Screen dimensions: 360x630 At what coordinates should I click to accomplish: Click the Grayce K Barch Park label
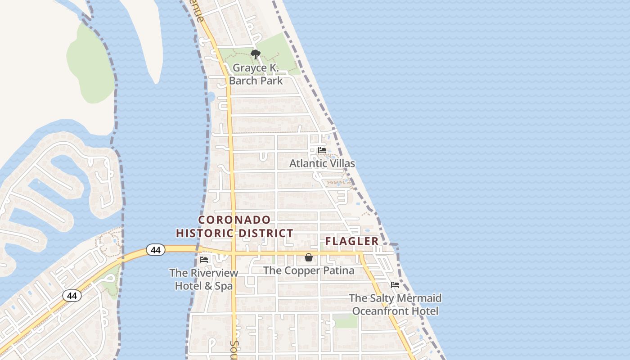[x=256, y=74]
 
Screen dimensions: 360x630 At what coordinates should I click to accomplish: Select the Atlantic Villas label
[x=322, y=163]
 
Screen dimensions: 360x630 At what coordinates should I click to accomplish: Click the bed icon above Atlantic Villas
[x=322, y=150]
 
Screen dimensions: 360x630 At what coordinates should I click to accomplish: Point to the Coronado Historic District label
[x=234, y=226]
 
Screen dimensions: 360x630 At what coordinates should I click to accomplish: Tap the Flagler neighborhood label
[x=352, y=241]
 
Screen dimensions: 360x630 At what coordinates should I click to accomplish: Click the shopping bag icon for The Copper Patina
[x=309, y=257]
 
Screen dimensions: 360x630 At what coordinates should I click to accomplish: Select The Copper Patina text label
[x=309, y=270]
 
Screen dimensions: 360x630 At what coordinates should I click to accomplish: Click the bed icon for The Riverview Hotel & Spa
[x=204, y=260]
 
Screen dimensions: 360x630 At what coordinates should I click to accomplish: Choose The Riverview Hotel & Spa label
[x=204, y=279]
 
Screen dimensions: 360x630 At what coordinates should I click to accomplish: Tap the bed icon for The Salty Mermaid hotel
[x=395, y=285]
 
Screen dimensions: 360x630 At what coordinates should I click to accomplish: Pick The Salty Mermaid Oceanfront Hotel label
[x=395, y=305]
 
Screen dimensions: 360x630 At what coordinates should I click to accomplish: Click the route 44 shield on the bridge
[x=156, y=250]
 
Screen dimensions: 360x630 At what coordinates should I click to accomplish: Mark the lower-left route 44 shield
[x=72, y=296]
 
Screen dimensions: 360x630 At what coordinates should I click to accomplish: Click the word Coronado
[x=234, y=220]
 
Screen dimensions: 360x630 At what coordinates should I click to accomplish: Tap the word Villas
[x=341, y=163]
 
